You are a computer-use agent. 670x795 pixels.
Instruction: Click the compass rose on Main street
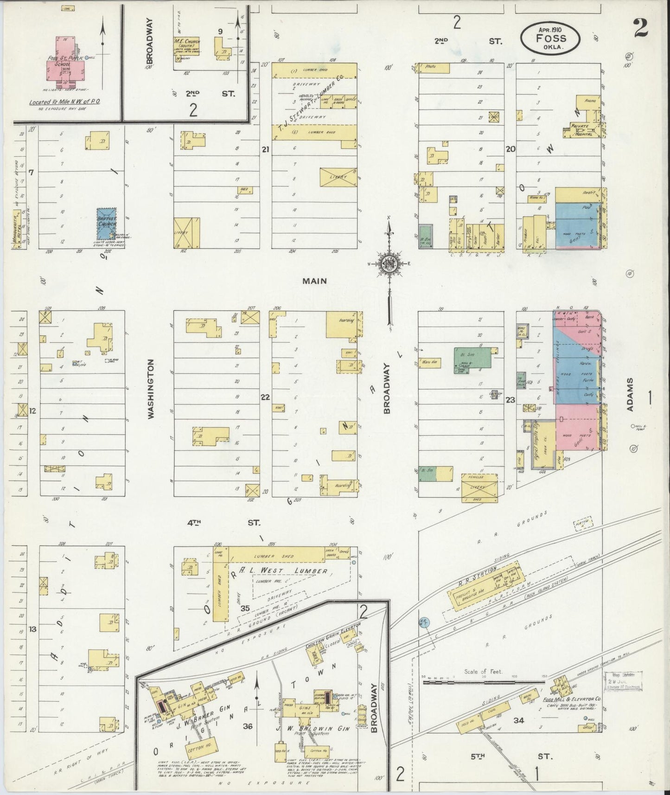pyautogui.click(x=389, y=265)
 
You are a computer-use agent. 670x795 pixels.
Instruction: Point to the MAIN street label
pyautogui.click(x=314, y=281)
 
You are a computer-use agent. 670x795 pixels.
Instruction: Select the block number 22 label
pyautogui.click(x=265, y=397)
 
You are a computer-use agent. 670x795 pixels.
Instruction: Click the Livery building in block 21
pyautogui.click(x=338, y=177)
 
